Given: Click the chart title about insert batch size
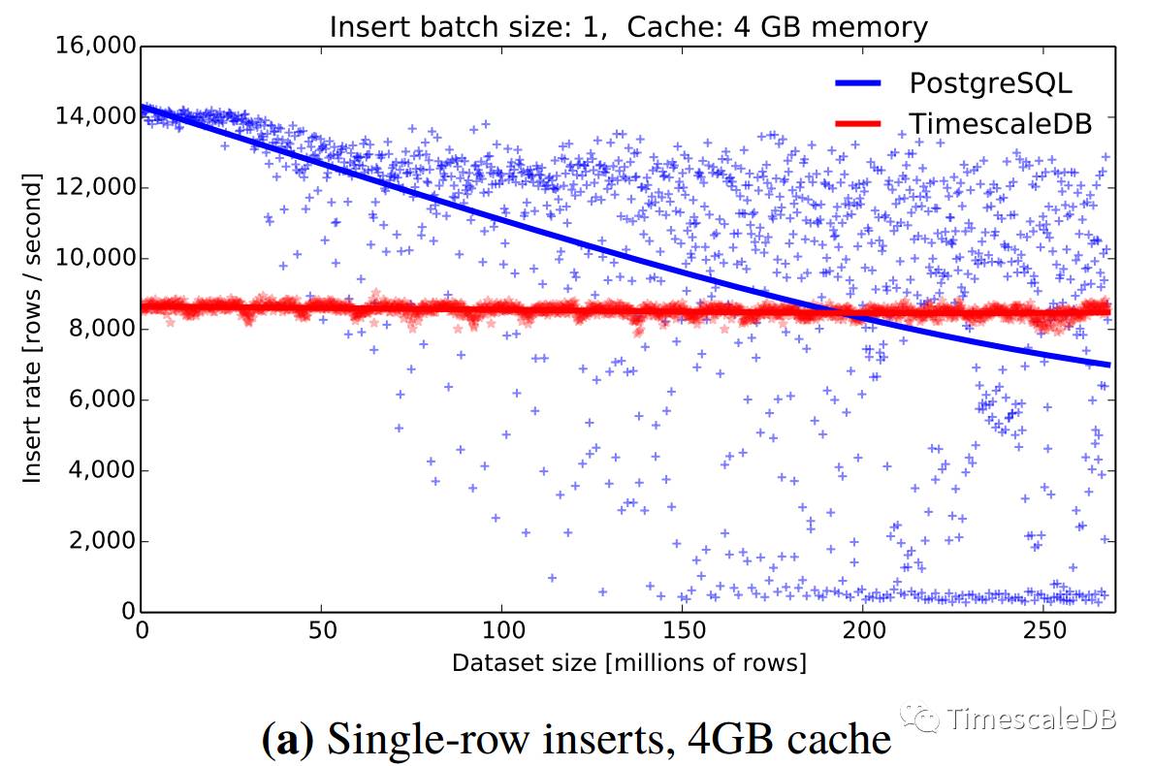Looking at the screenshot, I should (x=628, y=26).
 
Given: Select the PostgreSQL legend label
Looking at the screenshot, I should (x=990, y=83).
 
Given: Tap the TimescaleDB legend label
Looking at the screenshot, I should (x=1000, y=123).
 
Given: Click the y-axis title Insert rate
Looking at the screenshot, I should (x=32, y=328).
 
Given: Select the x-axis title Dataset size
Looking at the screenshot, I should (x=628, y=663).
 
